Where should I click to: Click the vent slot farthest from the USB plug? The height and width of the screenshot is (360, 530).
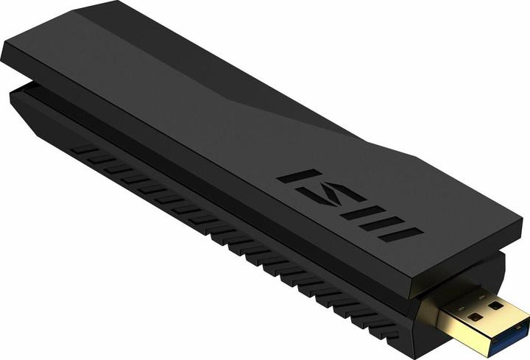click(87, 152)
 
